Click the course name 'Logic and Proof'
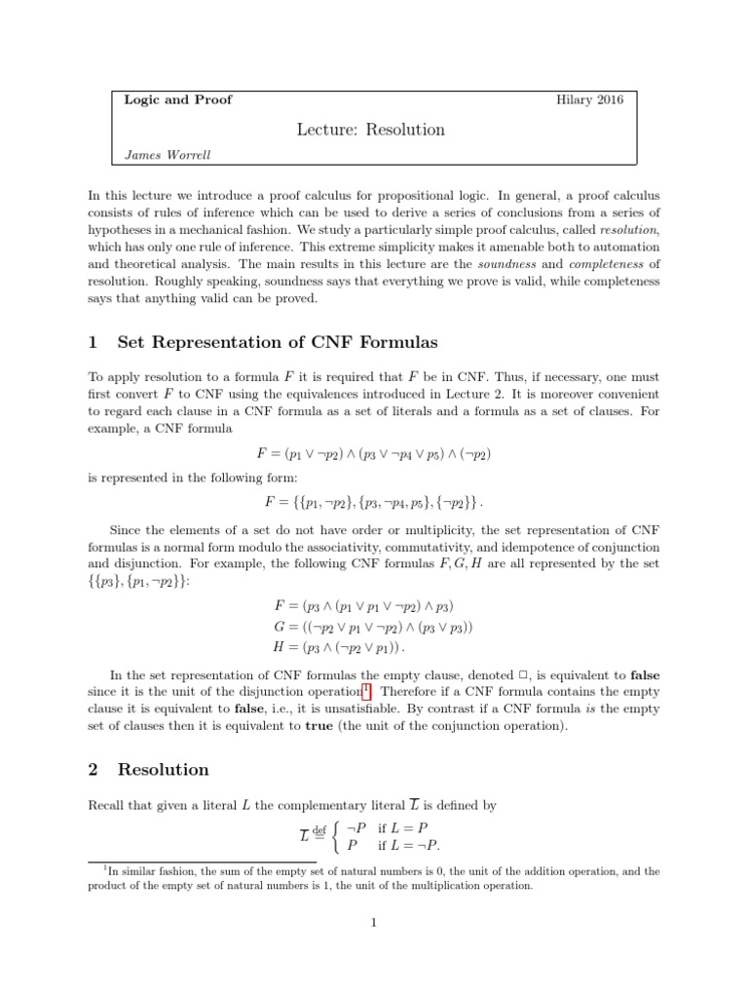tap(178, 99)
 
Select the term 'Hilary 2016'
tap(590, 99)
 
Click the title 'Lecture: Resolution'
tap(372, 130)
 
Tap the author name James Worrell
tap(168, 154)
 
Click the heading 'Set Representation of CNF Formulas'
tap(278, 342)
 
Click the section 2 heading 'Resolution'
tap(163, 769)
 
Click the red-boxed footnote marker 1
tap(366, 689)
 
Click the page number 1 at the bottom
tap(373, 923)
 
